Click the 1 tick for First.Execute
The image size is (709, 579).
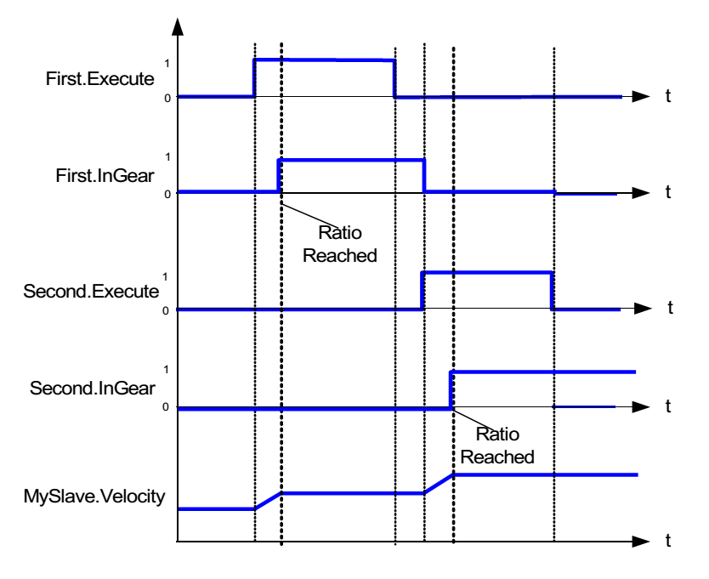[167, 63]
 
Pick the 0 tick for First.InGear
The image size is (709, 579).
[167, 194]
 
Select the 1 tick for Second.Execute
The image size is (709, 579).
[167, 276]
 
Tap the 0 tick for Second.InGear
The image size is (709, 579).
[167, 407]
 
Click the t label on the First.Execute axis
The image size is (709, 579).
[668, 97]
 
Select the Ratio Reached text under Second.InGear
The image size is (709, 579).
[506, 444]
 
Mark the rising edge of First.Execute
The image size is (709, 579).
[254, 78]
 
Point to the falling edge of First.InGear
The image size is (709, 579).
[424, 175]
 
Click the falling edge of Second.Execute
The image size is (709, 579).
[553, 291]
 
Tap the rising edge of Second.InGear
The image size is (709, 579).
[451, 389]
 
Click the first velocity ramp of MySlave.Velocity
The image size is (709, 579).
[268, 501]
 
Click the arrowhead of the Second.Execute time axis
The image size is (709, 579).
[644, 309]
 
